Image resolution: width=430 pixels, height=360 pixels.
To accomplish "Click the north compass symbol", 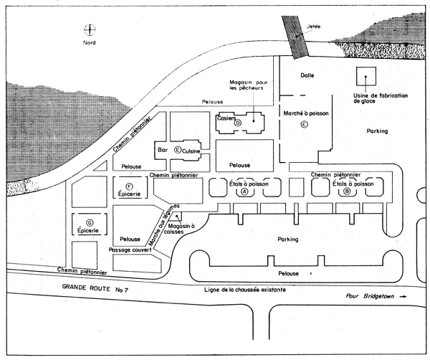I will (89, 30).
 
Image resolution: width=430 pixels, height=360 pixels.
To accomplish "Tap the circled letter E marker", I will (178, 149).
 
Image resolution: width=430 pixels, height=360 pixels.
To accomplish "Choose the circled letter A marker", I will (244, 191).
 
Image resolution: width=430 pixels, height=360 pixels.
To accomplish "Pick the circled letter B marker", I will (348, 191).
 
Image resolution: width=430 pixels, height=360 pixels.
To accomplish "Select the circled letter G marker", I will (90, 222).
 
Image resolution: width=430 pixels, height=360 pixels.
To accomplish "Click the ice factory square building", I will (367, 77).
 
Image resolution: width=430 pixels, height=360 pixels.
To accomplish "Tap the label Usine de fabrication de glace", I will (378, 98).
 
